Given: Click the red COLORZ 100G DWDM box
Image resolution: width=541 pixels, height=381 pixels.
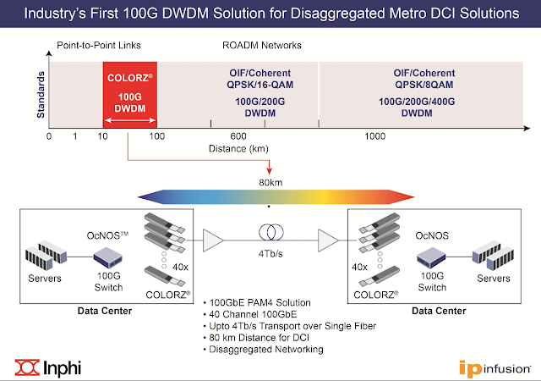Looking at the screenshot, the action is tap(130, 95).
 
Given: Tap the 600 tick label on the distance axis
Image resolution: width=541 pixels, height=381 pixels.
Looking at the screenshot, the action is tap(238, 136).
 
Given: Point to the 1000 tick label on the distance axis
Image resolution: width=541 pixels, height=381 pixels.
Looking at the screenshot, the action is tap(375, 136).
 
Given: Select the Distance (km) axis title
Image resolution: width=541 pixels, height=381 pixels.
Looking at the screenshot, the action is tap(238, 149).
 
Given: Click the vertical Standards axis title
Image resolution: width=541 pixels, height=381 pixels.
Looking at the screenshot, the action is tap(41, 95).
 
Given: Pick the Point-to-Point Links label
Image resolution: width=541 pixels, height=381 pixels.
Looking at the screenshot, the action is tap(99, 45).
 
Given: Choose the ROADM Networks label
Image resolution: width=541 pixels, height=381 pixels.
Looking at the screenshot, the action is tap(261, 45).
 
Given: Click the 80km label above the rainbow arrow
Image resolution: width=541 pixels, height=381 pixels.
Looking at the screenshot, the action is tap(270, 183).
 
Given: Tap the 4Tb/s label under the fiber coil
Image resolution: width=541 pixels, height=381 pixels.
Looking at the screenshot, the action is tap(270, 254).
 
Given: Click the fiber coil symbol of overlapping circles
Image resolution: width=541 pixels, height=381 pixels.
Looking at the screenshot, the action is tap(271, 232).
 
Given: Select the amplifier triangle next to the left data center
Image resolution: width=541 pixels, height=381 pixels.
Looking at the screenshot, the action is tap(213, 240).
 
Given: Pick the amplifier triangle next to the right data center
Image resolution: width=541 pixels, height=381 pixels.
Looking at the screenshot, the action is tap(328, 240).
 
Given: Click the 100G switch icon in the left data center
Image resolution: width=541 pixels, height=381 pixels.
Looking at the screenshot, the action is tap(108, 257).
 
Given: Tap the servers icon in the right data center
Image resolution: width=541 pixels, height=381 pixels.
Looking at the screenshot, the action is tap(493, 256).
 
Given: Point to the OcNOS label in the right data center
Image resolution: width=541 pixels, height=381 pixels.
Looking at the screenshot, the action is tap(432, 235).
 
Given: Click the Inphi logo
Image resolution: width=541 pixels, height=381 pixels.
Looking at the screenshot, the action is tap(48, 367).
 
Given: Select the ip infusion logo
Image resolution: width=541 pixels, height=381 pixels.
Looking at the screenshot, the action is tap(495, 368).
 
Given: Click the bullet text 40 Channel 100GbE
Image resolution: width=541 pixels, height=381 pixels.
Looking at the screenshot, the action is tap(253, 314).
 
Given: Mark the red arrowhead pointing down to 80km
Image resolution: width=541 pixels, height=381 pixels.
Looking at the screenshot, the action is tap(270, 171).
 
